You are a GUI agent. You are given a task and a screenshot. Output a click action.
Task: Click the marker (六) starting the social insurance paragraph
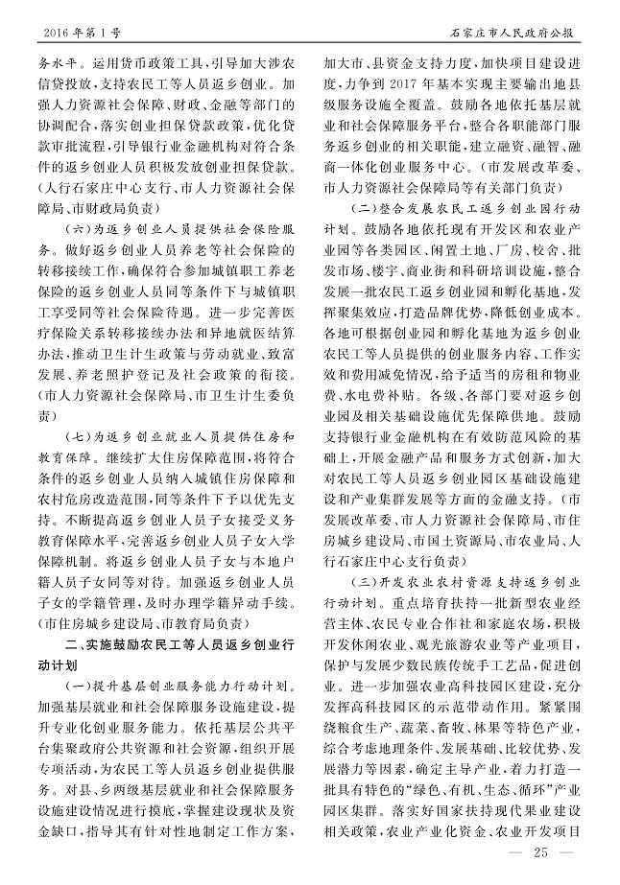pyautogui.click(x=77, y=233)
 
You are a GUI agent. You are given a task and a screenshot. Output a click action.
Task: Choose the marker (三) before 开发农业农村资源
pyautogui.click(x=366, y=581)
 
